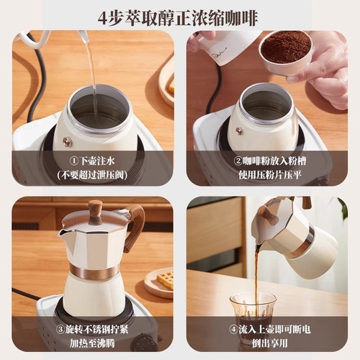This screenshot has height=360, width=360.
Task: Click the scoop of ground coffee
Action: pos(285,48)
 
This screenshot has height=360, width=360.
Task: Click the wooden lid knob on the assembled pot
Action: pos(95,210)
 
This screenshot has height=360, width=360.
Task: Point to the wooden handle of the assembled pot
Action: pos(136,227)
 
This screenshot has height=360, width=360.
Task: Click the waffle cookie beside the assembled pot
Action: pos(165,280)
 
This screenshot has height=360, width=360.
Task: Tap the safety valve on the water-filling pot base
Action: pos(67,142)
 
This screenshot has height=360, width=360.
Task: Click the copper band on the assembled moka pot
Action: pos(94,272)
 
